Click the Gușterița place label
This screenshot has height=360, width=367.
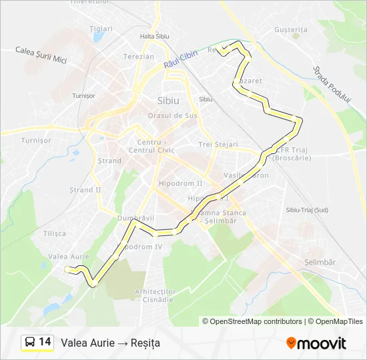click(x=290, y=30)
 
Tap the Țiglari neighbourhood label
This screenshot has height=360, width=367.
click(x=101, y=29)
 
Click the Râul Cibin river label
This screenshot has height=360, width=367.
click(x=181, y=61)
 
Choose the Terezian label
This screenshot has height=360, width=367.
click(x=139, y=57)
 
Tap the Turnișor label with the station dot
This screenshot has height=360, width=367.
click(x=83, y=95)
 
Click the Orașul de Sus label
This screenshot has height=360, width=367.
click(x=173, y=115)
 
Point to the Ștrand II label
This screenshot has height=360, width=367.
click(x=85, y=190)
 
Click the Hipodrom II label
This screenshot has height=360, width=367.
click(x=180, y=183)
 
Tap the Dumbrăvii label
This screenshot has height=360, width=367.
click(x=135, y=217)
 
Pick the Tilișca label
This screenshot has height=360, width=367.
click(x=55, y=233)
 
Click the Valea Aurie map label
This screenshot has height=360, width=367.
click(x=69, y=257)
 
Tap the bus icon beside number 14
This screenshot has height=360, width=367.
click(x=30, y=343)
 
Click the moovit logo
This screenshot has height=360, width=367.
click(x=316, y=343)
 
